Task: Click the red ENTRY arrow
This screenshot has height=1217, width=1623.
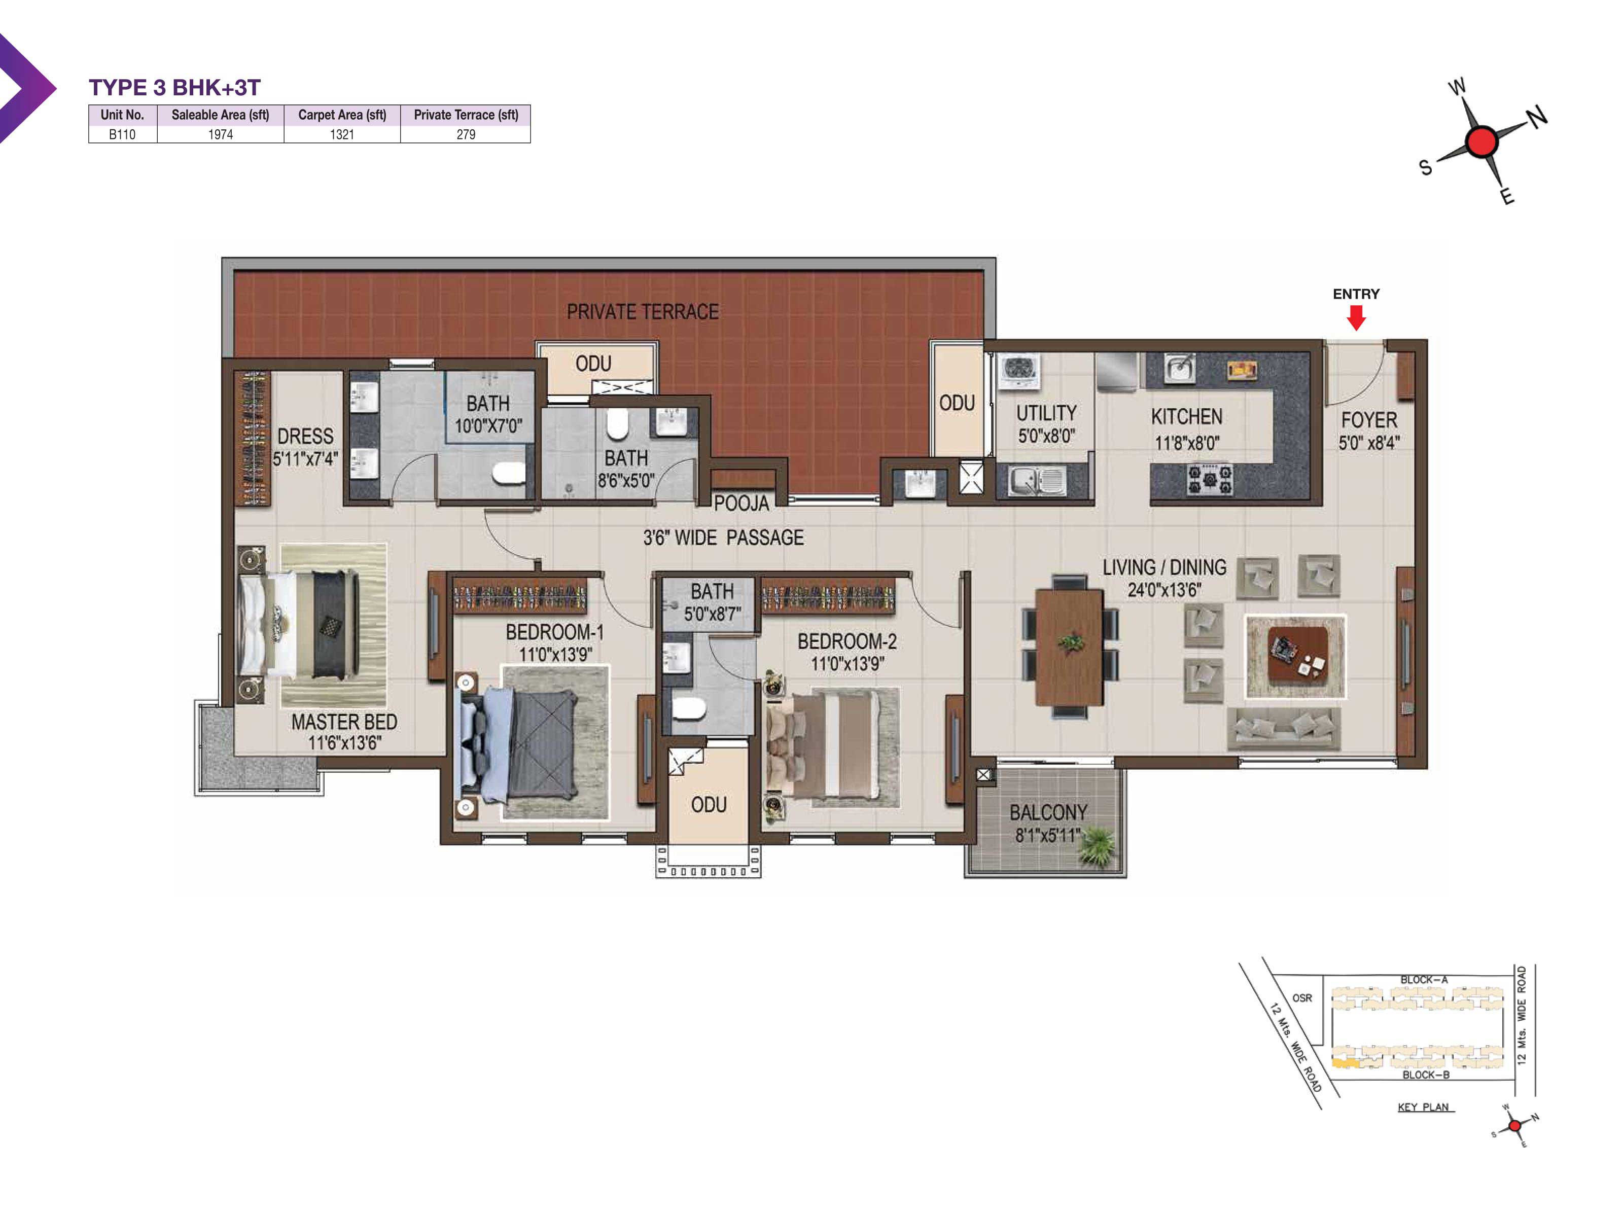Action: [1356, 317]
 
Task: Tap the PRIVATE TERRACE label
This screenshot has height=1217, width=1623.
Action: [642, 312]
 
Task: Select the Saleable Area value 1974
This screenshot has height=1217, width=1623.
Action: [220, 134]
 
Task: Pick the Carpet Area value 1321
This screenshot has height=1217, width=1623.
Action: [342, 134]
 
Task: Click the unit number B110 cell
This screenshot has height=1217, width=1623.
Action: [123, 134]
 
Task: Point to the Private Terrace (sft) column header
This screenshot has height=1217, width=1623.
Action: [466, 115]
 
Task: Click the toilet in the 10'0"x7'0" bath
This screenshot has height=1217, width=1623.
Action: [508, 473]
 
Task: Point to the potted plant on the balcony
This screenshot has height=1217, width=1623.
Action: [1097, 845]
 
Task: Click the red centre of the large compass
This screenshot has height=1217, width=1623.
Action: [1480, 141]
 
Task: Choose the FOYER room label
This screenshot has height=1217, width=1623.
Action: [1369, 420]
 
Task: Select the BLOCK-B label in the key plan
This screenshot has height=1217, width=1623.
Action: [1426, 1075]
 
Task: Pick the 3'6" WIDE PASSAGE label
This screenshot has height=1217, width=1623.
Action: [723, 538]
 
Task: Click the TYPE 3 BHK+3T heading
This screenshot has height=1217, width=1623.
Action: [174, 87]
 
